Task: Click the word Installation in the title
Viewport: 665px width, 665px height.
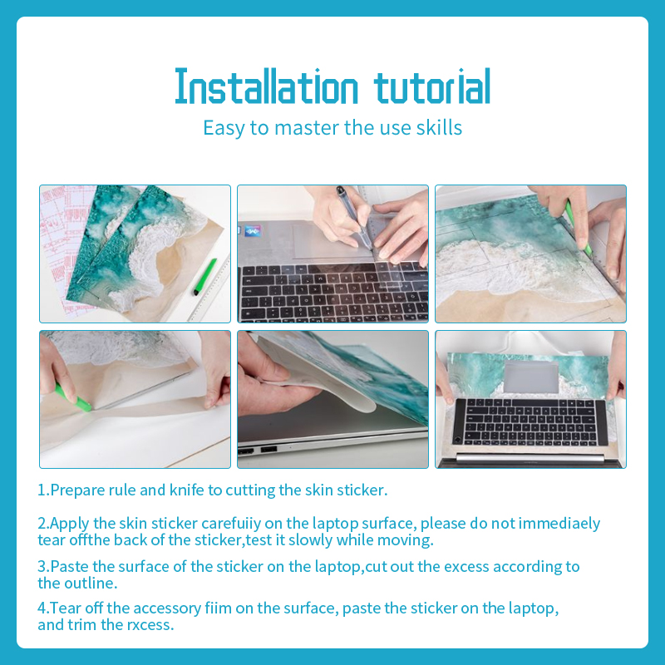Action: (266, 87)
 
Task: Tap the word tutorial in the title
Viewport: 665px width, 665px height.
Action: (432, 87)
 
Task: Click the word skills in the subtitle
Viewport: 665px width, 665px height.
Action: (439, 127)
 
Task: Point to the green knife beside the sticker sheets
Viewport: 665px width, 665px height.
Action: (205, 277)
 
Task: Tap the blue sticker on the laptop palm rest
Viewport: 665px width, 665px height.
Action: (253, 232)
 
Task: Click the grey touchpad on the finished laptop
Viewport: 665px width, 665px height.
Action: (531, 377)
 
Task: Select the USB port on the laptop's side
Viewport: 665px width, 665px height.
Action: (268, 449)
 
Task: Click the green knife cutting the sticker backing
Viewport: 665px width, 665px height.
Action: (72, 397)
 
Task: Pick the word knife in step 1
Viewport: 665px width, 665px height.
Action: (186, 490)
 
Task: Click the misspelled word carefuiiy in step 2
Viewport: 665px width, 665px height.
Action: (231, 524)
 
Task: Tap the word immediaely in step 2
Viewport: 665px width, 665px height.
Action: (559, 524)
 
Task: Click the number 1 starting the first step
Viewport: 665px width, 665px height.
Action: (41, 490)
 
